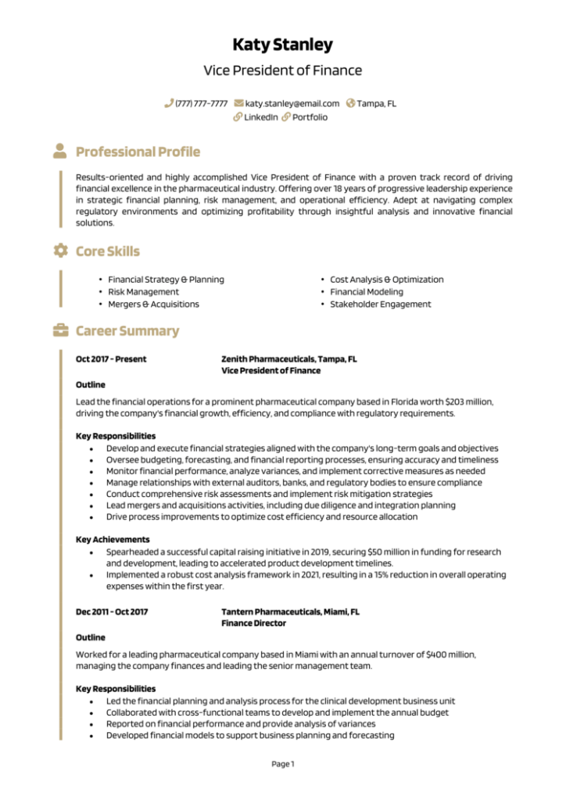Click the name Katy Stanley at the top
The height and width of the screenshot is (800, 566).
click(x=282, y=45)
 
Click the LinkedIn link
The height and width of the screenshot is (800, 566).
click(x=260, y=117)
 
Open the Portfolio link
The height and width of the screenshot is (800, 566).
click(x=310, y=117)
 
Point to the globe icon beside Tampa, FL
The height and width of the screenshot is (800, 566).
click(x=350, y=103)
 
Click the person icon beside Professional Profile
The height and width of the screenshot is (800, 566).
click(x=60, y=151)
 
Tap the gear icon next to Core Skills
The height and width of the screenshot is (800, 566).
click(x=60, y=251)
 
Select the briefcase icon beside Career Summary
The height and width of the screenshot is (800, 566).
click(x=60, y=330)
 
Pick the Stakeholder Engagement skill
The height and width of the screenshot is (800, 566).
click(x=380, y=304)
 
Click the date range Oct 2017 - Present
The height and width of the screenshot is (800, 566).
click(x=111, y=359)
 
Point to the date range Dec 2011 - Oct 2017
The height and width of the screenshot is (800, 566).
click(x=112, y=612)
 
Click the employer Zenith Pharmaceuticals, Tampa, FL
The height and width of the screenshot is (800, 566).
click(x=288, y=359)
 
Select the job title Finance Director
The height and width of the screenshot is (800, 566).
click(x=253, y=623)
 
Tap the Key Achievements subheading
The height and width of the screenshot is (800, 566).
click(x=113, y=540)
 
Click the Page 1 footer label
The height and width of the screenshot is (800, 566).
click(x=282, y=764)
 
